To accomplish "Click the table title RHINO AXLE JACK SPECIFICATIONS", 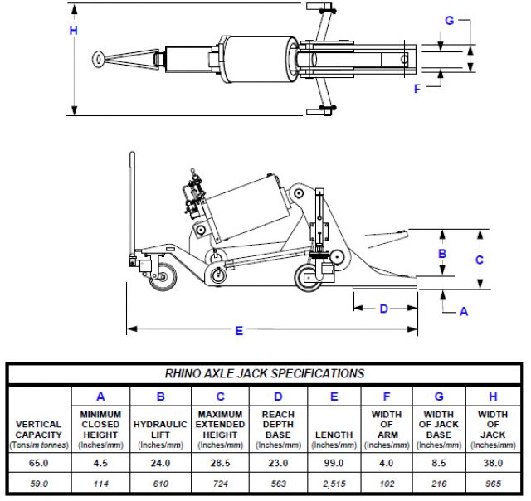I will click(x=265, y=373).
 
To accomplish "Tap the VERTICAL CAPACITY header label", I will click(x=38, y=430).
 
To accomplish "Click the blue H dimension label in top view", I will click(x=74, y=31).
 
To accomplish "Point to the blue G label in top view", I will click(x=449, y=20).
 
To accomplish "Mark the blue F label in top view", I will click(x=417, y=89).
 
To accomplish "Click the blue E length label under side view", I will click(x=239, y=331).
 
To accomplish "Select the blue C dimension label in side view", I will click(x=479, y=259).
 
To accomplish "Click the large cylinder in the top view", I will click(x=257, y=57).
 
